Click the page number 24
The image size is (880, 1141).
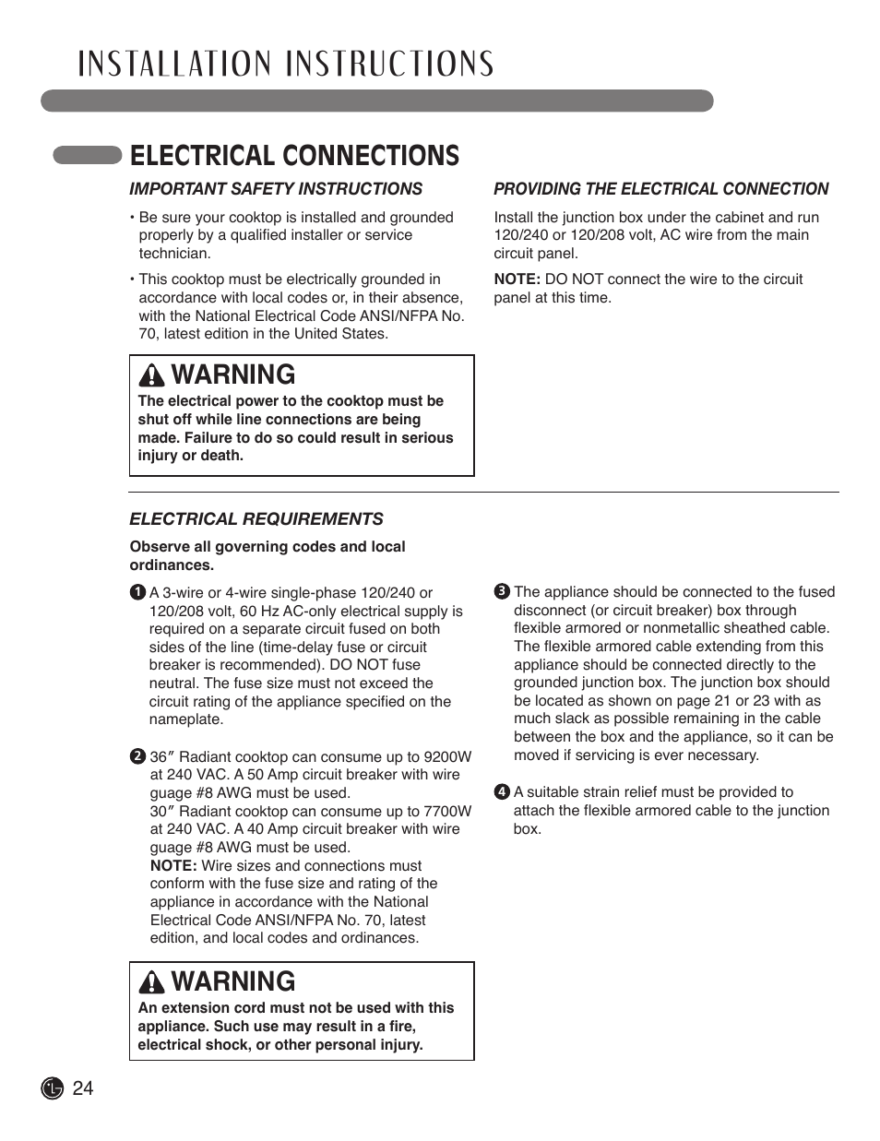click(82, 1088)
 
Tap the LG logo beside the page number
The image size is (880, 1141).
click(52, 1088)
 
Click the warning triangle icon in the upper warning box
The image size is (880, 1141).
click(151, 375)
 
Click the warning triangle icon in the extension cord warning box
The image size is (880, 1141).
click(151, 982)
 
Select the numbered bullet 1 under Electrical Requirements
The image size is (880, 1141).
click(137, 592)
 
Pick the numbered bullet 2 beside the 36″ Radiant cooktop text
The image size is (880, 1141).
click(137, 756)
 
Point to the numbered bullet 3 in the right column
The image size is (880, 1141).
click(502, 592)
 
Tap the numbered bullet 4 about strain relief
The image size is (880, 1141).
click(502, 792)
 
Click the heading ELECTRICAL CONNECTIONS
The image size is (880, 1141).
click(294, 156)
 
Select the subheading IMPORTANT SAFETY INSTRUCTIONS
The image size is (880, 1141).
click(276, 189)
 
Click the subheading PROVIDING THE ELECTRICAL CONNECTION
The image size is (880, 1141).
click(660, 189)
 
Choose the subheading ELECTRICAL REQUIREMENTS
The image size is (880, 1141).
click(256, 519)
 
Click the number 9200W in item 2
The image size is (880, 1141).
click(447, 756)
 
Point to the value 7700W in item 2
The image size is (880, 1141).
click(447, 812)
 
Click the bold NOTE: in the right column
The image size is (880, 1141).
click(517, 279)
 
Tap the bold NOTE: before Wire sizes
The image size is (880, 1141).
click(173, 865)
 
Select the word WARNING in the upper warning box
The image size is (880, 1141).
click(233, 374)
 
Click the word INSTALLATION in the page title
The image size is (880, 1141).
click(174, 64)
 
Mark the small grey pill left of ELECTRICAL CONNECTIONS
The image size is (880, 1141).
click(88, 155)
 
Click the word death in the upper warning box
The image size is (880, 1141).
click(223, 456)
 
